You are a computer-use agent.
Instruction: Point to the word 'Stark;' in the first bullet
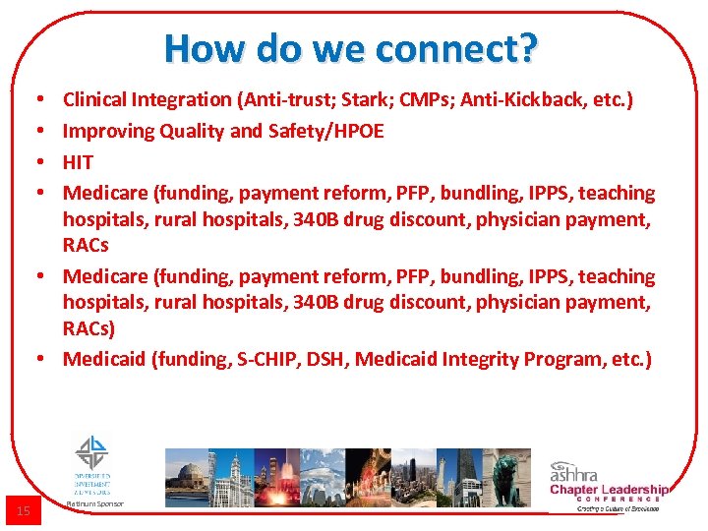coord(367,99)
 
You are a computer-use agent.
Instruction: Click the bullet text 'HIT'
coord(78,162)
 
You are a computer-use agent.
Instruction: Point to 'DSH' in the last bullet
coord(328,359)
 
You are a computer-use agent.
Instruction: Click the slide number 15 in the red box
coord(24,510)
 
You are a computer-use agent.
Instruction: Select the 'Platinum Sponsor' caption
coord(94,503)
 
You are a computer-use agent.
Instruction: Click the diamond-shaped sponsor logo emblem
coord(93,452)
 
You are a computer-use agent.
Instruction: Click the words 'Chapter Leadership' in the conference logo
coord(608,489)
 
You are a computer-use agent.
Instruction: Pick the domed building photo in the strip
coord(186,478)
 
